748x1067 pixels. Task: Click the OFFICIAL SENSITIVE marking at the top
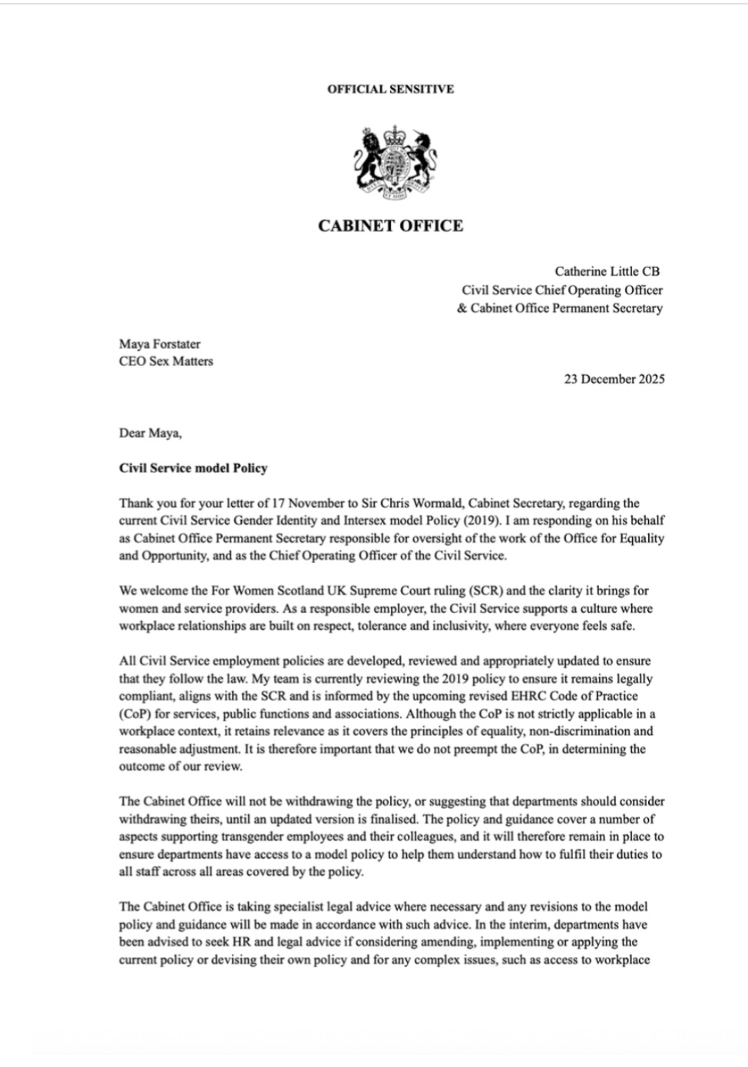point(390,89)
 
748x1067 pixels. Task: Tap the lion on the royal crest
point(371,158)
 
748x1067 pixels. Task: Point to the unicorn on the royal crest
point(422,158)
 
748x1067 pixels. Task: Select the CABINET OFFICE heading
point(390,226)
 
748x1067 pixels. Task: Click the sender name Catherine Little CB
point(607,271)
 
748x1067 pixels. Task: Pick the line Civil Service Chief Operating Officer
point(561,290)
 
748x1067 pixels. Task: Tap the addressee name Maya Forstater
point(160,344)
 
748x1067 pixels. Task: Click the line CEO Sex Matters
point(166,361)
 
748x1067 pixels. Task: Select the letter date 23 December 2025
point(614,379)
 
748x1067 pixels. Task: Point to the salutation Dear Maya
point(151,433)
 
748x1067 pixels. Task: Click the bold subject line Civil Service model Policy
point(193,468)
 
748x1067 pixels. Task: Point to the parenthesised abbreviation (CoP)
point(134,714)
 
